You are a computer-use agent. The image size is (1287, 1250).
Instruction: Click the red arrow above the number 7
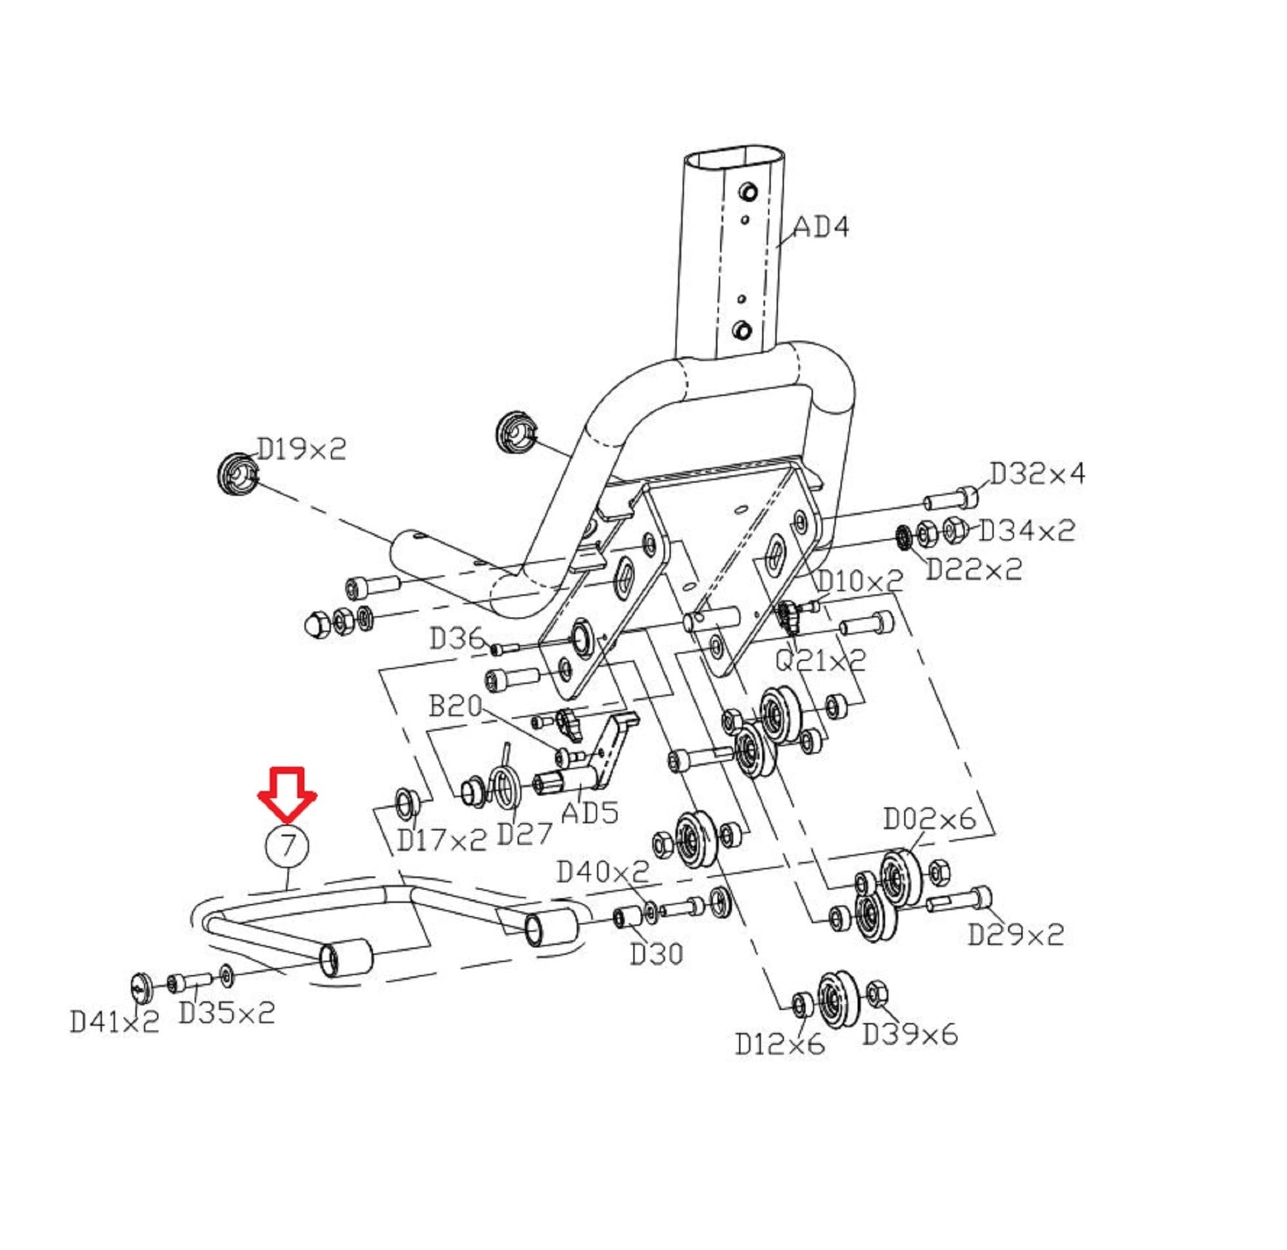287,793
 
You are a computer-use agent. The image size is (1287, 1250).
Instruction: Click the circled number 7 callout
287,845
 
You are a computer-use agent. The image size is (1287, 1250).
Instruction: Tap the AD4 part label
821,227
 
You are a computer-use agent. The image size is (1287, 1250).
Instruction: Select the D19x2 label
301,449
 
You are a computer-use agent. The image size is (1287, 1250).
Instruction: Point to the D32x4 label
1037,473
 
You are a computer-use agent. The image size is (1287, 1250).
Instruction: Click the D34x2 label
1027,530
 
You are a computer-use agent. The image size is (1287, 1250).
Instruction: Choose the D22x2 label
974,569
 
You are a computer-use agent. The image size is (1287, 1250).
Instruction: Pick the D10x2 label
860,581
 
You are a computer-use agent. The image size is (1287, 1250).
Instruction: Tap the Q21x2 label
821,660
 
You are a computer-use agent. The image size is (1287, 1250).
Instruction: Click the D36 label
457,638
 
